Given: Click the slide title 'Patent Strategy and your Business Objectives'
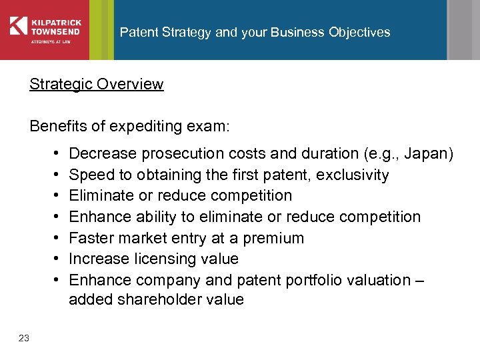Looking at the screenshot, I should point(255,32).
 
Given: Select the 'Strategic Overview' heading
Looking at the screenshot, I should point(96,84).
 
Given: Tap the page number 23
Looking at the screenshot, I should point(24,338).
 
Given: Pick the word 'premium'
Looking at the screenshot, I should point(275,238).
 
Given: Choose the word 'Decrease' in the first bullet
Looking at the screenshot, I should point(100,154).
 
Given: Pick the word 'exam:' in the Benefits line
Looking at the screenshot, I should point(210,126).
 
